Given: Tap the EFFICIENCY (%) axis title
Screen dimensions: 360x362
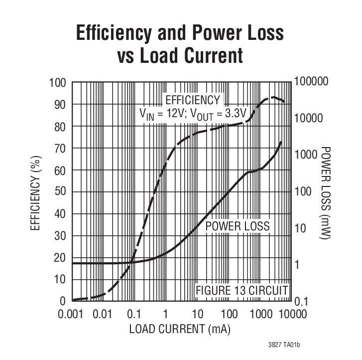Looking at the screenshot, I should coord(35,192).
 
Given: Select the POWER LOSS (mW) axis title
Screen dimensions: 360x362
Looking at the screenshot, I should coord(326,192).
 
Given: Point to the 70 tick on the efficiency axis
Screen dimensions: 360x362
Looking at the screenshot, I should coord(59,148).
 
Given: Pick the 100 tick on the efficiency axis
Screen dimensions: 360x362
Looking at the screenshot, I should coord(57,82).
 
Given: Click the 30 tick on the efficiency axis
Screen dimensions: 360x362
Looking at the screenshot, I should coord(59,236).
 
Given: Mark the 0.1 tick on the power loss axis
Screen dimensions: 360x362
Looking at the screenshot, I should coord(305,301).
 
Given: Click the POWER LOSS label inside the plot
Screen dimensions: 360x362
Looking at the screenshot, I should coord(238,226).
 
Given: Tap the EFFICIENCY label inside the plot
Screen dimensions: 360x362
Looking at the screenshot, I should coord(192,99).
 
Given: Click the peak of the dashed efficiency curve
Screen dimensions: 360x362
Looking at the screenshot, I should coord(273,97).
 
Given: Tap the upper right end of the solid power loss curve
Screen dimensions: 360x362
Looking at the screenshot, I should coord(282,142).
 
